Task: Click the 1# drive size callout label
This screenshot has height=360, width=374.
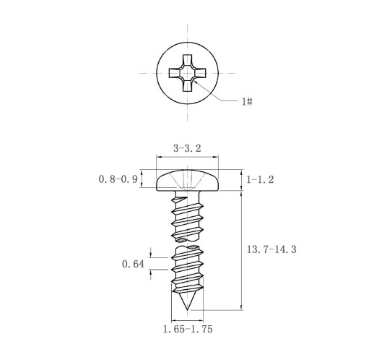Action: [247, 101]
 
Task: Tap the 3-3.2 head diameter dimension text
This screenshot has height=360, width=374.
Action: [187, 148]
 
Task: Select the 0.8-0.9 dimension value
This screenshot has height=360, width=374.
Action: [118, 179]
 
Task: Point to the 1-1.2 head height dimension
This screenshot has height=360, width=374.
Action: [260, 179]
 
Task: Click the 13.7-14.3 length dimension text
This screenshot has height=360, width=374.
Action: [271, 249]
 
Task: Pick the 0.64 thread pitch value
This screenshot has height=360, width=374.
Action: [133, 264]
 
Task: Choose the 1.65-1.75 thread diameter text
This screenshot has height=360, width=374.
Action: [188, 329]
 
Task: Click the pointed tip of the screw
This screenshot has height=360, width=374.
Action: [187, 309]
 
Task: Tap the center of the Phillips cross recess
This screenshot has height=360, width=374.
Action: [187, 73]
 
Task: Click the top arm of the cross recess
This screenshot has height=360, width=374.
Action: [187, 60]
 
